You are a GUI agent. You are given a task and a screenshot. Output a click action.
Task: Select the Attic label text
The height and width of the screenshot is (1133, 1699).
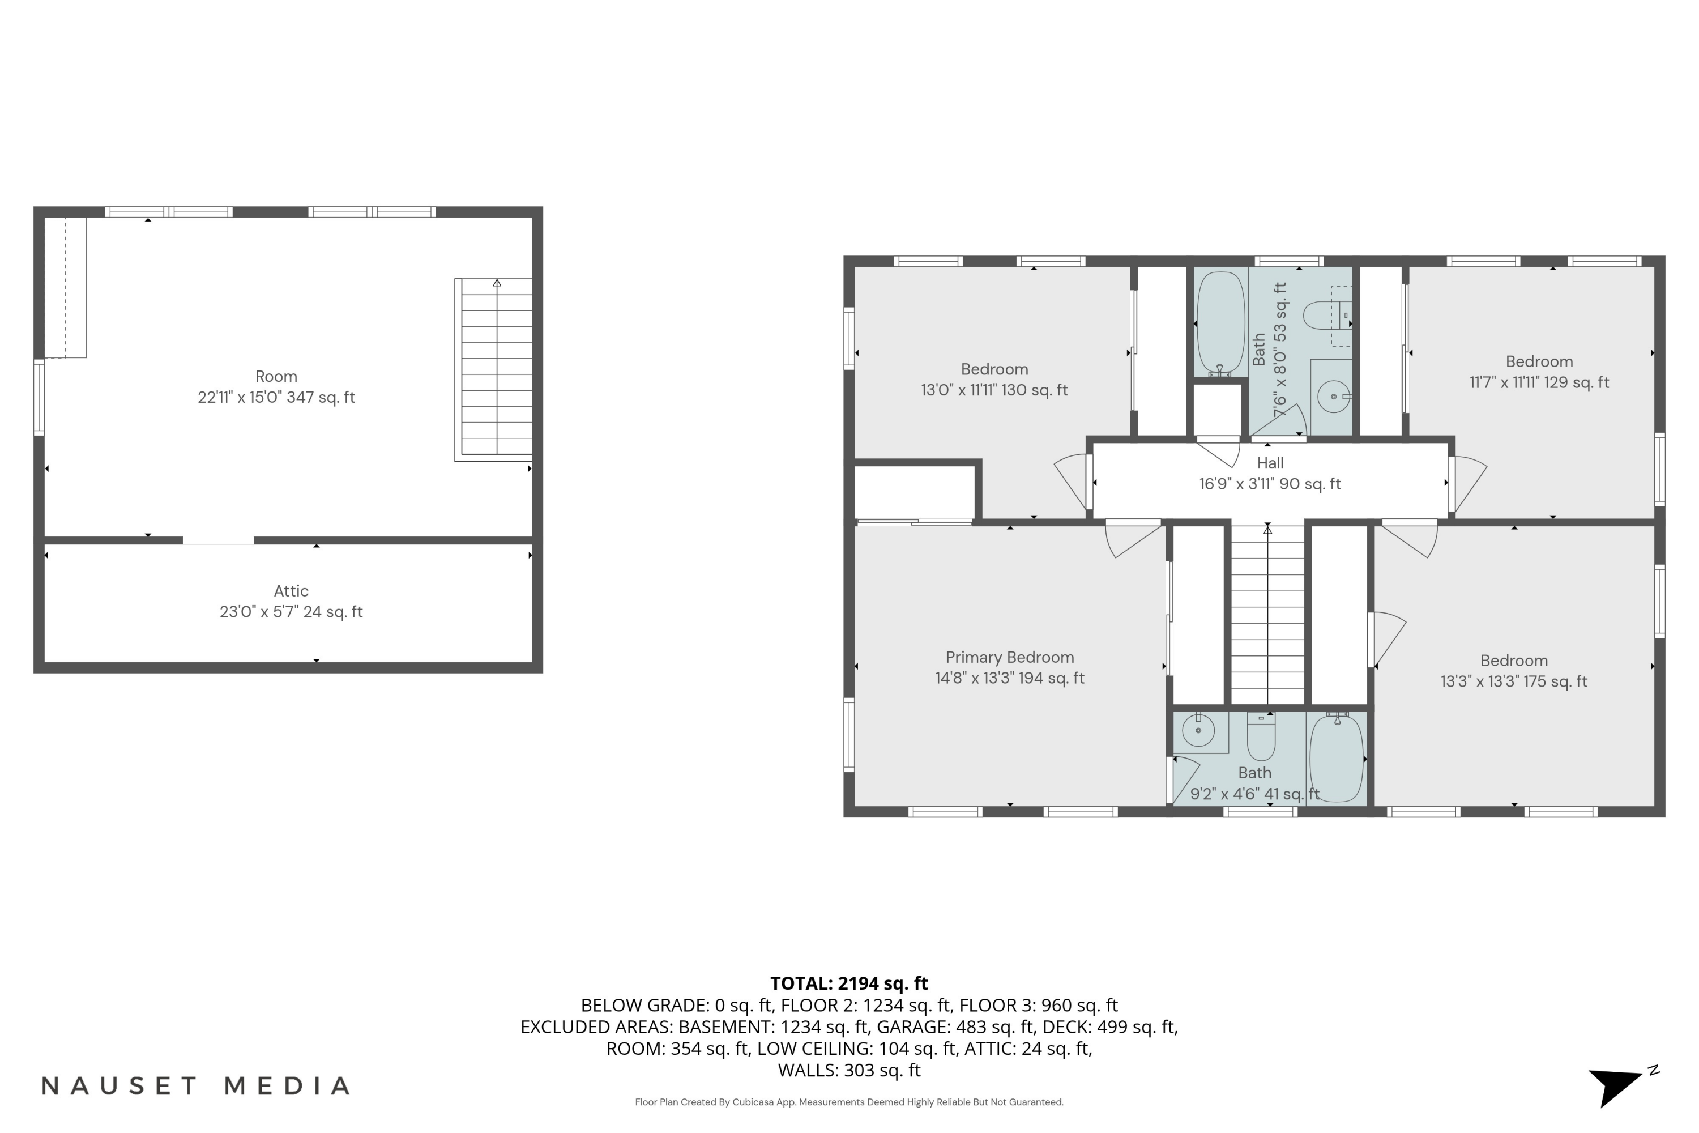pos(291,591)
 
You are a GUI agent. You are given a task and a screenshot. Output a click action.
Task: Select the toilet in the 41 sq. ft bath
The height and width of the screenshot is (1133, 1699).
pos(1261,735)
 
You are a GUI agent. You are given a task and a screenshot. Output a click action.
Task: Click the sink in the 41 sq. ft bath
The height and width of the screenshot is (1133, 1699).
pos(1198,731)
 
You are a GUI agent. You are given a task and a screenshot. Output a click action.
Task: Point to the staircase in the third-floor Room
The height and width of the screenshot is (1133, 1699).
pos(496,369)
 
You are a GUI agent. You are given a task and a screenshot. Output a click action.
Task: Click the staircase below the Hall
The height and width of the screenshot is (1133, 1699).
pos(1268,614)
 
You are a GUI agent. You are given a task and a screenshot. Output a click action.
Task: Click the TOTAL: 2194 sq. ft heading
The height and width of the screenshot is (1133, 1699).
pos(849,983)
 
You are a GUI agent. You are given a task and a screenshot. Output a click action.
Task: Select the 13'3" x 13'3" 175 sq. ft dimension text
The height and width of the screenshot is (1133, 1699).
pos(1513,681)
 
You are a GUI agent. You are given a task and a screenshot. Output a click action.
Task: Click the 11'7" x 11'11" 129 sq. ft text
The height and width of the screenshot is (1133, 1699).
pos(1539,382)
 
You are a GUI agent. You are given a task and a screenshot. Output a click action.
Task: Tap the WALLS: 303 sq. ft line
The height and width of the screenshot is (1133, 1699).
pos(849,1070)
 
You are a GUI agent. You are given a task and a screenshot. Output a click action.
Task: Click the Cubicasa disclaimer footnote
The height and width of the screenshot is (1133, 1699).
pos(849,1102)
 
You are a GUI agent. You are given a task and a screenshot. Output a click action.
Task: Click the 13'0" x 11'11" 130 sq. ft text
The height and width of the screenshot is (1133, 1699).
pos(994,390)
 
